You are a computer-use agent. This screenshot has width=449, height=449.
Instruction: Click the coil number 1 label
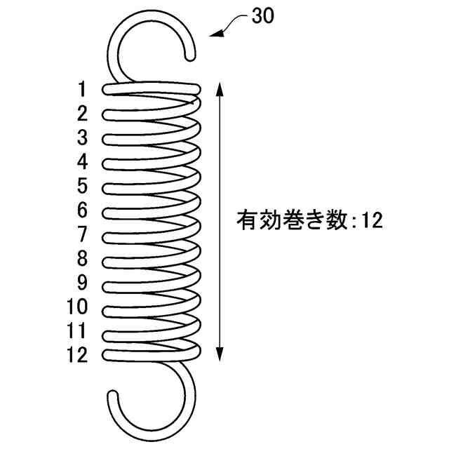[x=83, y=89]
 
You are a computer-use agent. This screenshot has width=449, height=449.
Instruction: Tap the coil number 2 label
[x=83, y=113]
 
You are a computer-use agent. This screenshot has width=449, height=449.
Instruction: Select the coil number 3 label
[x=83, y=138]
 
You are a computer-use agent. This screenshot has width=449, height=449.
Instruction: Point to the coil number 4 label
[x=83, y=162]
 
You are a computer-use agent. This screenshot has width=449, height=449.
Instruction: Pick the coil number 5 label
[x=83, y=186]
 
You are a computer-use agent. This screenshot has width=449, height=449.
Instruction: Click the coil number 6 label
[x=83, y=210]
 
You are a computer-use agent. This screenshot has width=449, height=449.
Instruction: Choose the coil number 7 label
[x=83, y=234]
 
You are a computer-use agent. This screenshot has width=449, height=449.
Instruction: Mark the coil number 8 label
[x=83, y=258]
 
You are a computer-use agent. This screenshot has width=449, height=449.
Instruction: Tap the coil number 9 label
[x=83, y=283]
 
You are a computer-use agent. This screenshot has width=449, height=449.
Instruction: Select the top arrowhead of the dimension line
[x=220, y=86]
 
